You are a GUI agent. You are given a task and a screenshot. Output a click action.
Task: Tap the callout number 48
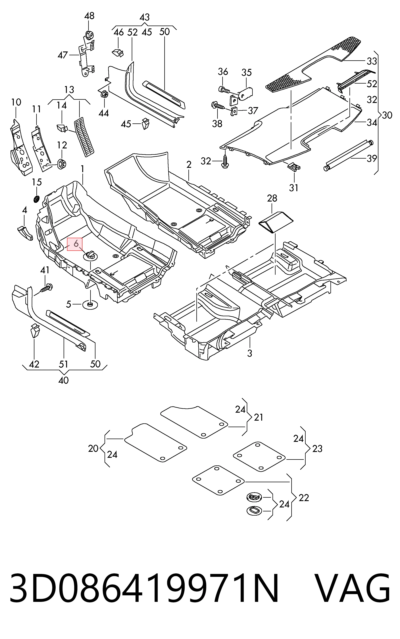pos(89,16)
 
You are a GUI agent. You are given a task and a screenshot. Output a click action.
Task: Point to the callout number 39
pos(372,159)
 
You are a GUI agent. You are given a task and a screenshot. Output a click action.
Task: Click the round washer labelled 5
pos(90,305)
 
